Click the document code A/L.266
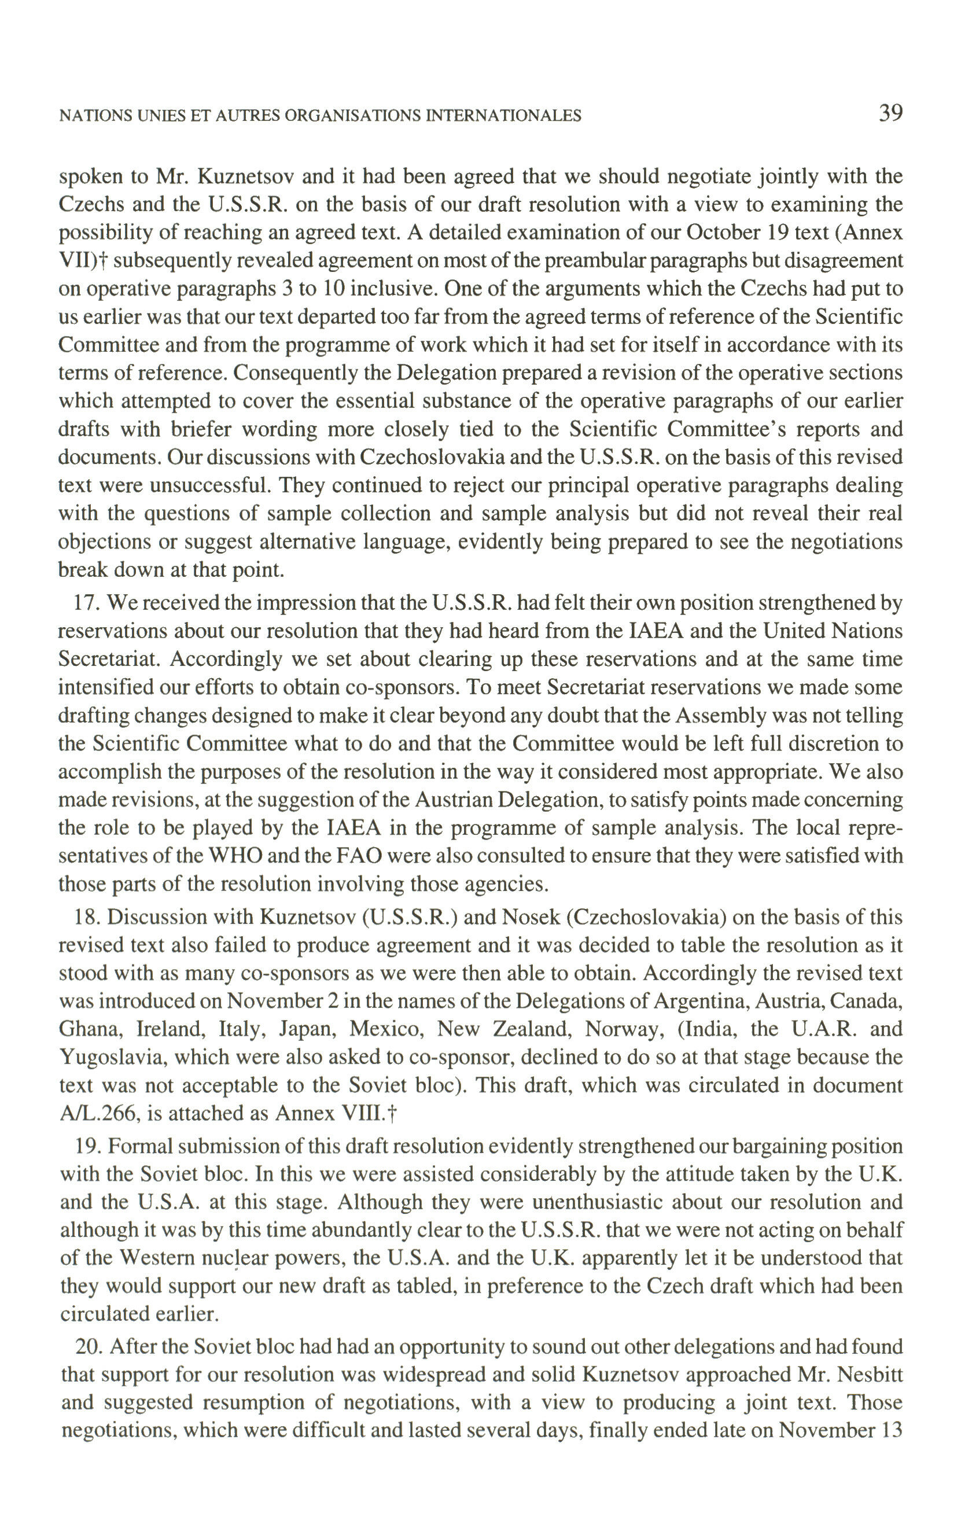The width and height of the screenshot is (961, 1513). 95,1113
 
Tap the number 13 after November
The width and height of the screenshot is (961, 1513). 890,1431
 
